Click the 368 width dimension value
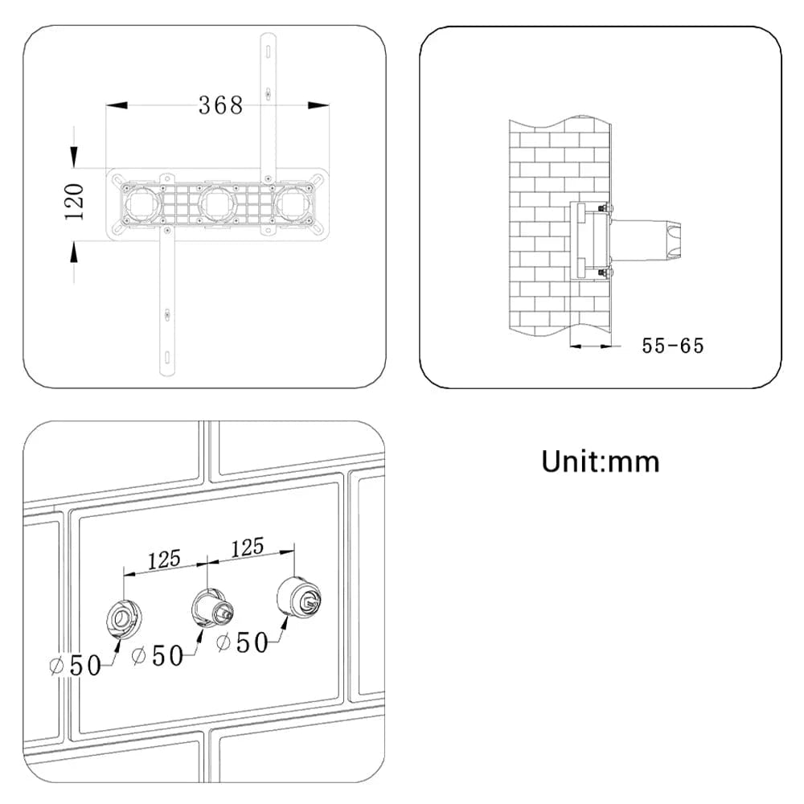(x=220, y=105)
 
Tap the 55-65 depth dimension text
(x=672, y=346)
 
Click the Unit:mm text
(x=600, y=461)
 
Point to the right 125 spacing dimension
(x=247, y=548)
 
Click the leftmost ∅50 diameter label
(x=76, y=666)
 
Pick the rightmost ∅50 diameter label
(x=242, y=642)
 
